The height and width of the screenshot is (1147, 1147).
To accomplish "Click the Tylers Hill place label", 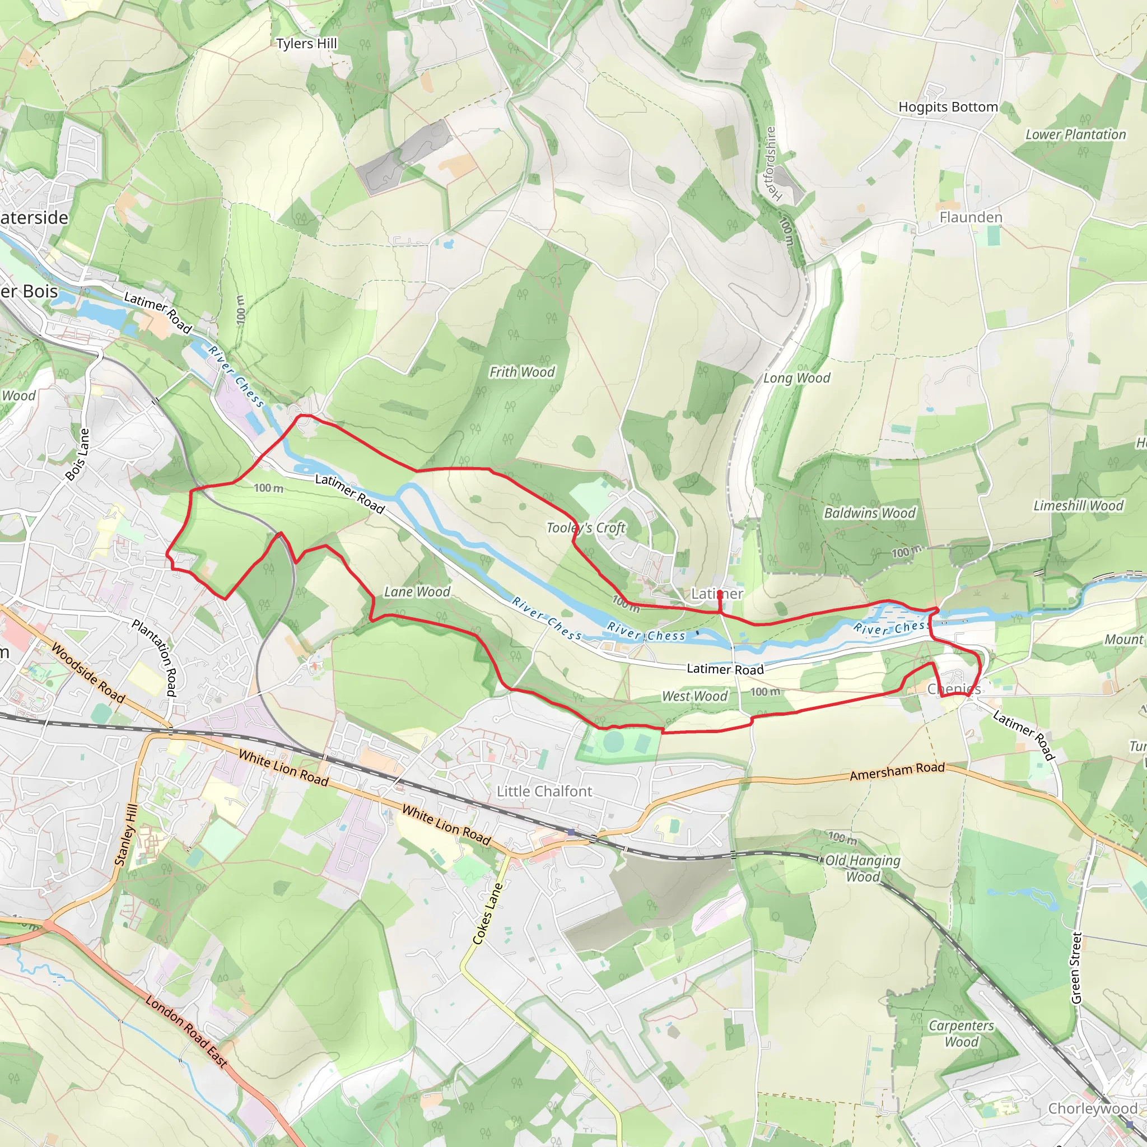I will [306, 43].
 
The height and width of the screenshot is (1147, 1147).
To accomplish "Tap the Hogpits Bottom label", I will [948, 107].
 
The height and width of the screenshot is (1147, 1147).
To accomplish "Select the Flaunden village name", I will [971, 217].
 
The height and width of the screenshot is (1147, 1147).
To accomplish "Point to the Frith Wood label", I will [522, 372].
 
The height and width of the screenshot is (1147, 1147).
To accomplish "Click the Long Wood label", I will [796, 378].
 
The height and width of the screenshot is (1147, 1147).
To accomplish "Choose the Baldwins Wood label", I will [870, 513].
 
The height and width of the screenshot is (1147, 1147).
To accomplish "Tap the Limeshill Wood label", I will [1078, 506].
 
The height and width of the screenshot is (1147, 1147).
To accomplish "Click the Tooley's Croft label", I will [585, 528].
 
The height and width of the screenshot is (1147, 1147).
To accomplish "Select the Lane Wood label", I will [417, 592].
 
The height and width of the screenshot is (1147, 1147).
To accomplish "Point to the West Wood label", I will [694, 696].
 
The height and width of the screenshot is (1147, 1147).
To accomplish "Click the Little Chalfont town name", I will [544, 791].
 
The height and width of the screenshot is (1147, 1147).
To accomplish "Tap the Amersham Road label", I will [897, 772].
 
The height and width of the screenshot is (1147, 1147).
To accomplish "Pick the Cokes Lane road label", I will [487, 913].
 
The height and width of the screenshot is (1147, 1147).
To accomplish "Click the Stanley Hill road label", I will [126, 835].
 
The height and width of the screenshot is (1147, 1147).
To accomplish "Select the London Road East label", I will [186, 1032].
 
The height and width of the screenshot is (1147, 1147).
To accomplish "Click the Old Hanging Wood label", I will [862, 869].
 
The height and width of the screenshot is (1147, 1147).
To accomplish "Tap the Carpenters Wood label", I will [961, 1034].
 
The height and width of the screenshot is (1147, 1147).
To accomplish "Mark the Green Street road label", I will [1076, 968].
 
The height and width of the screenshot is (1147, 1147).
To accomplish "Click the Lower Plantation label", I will [1075, 135].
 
